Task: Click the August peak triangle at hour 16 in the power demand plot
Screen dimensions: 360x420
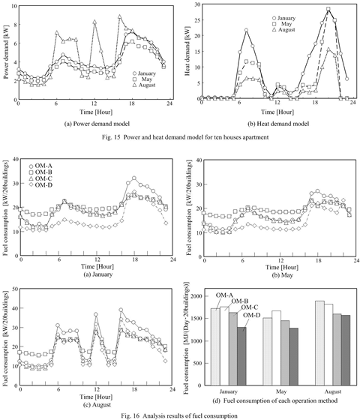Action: (120, 16)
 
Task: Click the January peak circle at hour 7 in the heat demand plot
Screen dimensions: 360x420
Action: (246, 30)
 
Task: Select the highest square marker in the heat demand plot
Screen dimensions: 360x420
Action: (328, 9)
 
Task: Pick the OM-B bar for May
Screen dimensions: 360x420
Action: (277, 348)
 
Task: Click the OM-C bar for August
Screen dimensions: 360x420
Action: (337, 349)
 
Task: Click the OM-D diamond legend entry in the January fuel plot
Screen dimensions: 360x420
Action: (40, 184)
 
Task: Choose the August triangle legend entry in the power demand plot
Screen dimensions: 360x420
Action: (144, 85)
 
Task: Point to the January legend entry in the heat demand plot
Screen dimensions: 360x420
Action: (283, 18)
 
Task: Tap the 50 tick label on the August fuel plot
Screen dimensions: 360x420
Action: (14, 289)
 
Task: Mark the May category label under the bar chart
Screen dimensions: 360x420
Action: (281, 391)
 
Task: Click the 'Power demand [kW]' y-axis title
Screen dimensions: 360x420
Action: (7, 52)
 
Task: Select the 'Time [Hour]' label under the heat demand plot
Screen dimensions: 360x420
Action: (277, 112)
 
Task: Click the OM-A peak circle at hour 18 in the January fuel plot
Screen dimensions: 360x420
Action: (134, 178)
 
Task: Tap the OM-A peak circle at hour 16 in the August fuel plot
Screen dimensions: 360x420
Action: (121, 310)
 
